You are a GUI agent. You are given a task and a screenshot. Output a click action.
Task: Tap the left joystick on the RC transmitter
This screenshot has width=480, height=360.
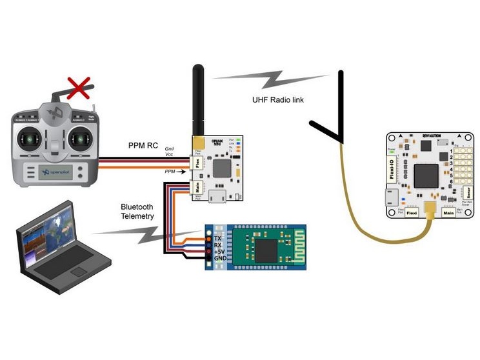point(30,138)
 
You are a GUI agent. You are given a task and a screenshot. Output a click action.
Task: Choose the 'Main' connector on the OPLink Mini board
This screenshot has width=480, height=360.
point(199,188)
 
